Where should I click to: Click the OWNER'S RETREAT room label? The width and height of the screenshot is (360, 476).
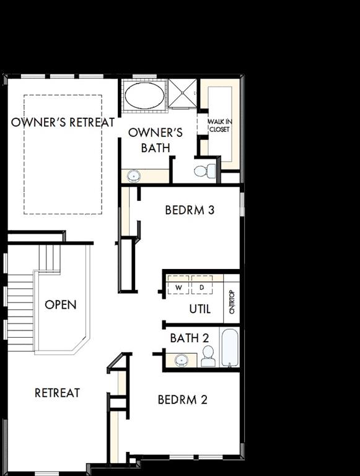click(x=63, y=122)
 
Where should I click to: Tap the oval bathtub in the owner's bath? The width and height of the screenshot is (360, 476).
click(x=144, y=95)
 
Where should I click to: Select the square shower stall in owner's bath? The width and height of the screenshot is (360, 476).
click(x=182, y=93)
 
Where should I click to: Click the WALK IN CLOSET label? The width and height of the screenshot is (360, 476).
click(x=219, y=125)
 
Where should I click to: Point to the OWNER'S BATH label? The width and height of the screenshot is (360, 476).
click(x=155, y=140)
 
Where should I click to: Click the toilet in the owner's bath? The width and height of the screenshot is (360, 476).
click(x=204, y=170)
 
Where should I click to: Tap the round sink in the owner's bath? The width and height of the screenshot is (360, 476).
click(x=133, y=176)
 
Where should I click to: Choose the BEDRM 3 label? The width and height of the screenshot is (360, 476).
click(x=190, y=210)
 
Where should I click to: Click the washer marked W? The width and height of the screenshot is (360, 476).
click(x=179, y=288)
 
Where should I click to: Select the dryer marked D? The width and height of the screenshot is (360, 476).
click(x=202, y=288)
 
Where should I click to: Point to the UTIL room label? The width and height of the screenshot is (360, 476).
click(x=200, y=309)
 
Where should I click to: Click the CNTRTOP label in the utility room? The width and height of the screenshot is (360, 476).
click(x=232, y=302)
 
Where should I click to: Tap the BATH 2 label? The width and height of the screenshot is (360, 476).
click(x=190, y=338)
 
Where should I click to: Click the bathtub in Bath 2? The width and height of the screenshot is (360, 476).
click(x=229, y=348)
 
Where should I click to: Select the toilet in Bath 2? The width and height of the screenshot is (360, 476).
click(x=208, y=356)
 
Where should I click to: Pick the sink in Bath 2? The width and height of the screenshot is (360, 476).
click(x=182, y=359)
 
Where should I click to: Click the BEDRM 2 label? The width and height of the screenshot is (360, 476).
click(x=182, y=400)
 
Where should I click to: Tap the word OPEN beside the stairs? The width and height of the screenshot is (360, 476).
click(x=61, y=305)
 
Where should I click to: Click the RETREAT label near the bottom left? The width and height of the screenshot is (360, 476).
click(x=57, y=392)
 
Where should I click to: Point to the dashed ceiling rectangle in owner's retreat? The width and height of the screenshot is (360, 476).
click(x=63, y=154)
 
